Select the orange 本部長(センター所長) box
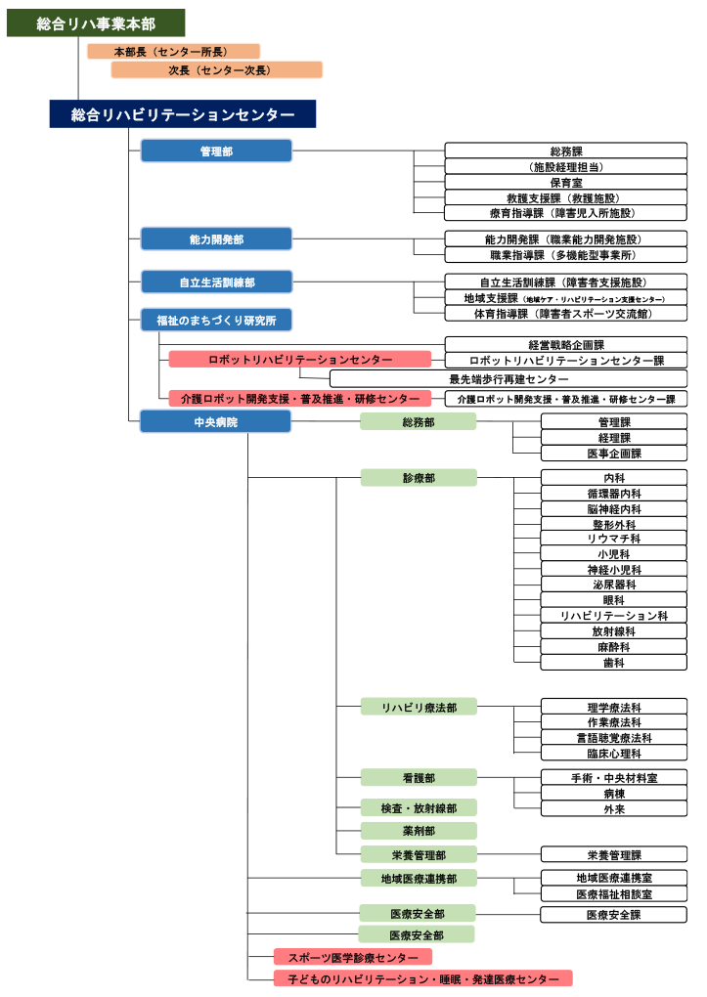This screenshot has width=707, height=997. (x=173, y=51)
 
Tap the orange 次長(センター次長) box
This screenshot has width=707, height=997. (x=216, y=70)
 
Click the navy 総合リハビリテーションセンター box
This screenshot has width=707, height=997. (x=183, y=114)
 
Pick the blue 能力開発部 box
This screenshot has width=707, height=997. (x=216, y=239)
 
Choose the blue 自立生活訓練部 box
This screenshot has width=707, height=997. (x=216, y=282)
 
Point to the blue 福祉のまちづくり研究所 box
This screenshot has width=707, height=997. (x=216, y=320)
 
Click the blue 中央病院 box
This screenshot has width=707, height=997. (x=215, y=422)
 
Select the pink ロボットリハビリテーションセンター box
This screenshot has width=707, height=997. (x=299, y=360)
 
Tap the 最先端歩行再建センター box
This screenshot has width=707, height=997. (x=508, y=379)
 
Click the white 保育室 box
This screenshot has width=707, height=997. (x=565, y=182)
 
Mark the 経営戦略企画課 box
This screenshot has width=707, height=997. (x=565, y=345)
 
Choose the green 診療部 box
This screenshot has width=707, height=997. (x=419, y=478)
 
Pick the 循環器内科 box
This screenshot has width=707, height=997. (x=613, y=494)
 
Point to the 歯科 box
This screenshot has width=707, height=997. (x=613, y=663)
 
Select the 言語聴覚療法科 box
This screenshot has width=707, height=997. (x=613, y=738)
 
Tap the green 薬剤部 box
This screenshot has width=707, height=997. (x=419, y=831)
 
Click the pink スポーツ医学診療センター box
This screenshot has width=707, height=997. (x=352, y=958)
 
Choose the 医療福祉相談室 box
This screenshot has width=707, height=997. (x=613, y=893)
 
